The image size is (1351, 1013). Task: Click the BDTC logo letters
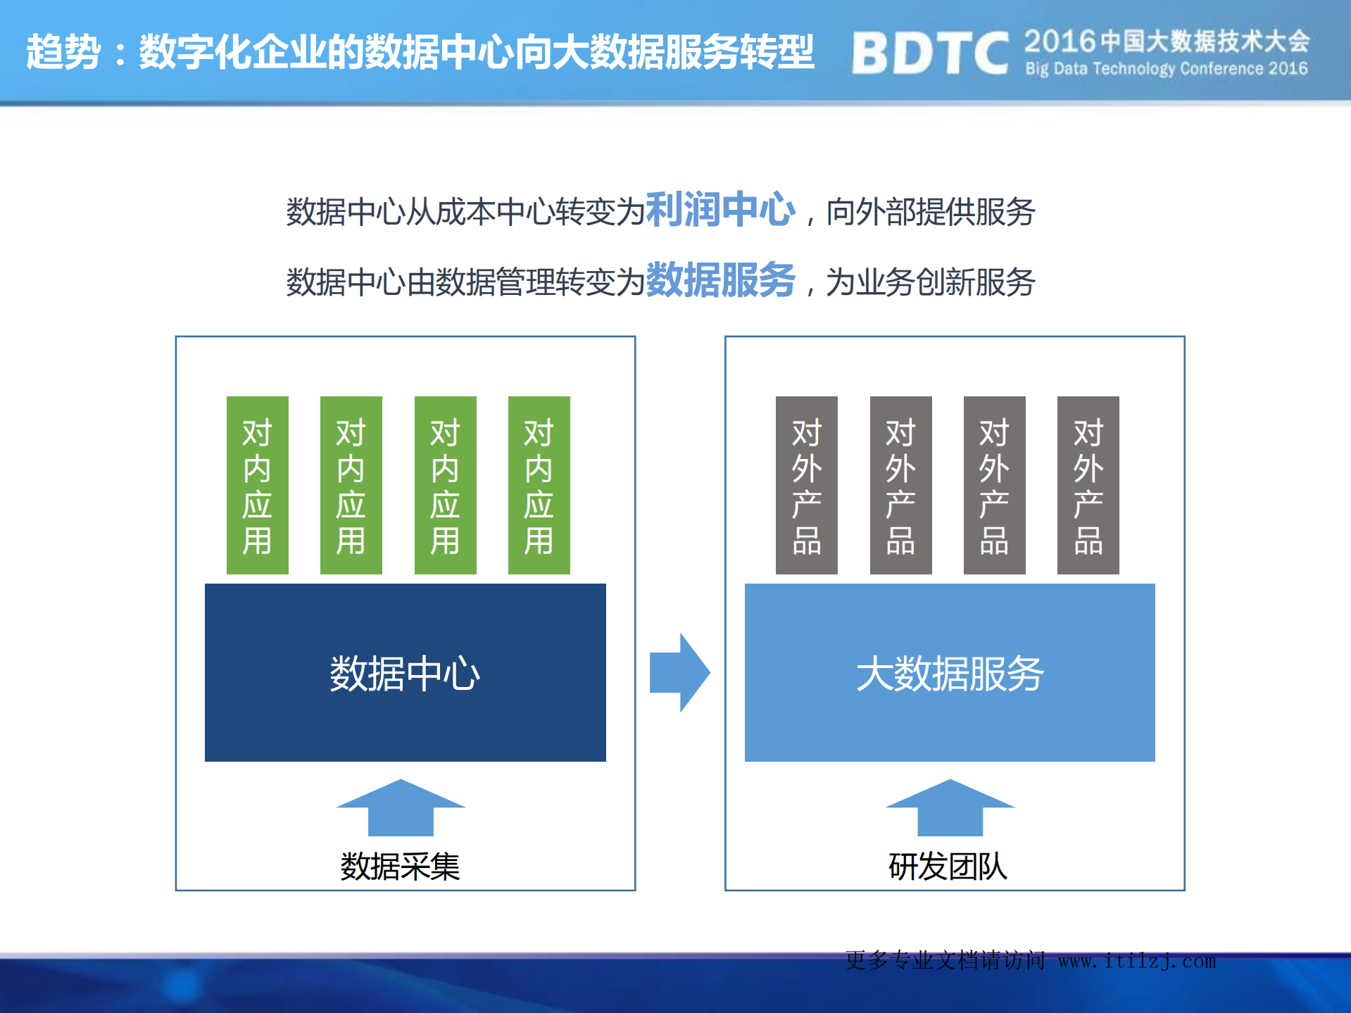click(929, 53)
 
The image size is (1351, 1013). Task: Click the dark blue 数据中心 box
click(405, 672)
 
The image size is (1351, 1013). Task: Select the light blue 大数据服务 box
click(950, 672)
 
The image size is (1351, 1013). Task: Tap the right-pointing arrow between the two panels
click(679, 672)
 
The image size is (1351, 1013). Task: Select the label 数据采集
click(400, 866)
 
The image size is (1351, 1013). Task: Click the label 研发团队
click(948, 866)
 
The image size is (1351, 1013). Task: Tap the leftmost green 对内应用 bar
click(257, 485)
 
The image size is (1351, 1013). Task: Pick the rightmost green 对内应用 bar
click(539, 485)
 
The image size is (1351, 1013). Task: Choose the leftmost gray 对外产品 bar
click(806, 485)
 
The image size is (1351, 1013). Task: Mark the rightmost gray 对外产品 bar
click(1088, 485)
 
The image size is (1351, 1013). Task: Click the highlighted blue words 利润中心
click(720, 210)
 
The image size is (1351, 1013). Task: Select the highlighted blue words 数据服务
click(720, 280)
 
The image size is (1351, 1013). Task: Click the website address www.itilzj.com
click(1137, 961)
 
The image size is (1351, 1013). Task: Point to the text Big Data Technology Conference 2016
click(1167, 69)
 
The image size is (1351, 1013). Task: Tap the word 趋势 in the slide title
click(63, 52)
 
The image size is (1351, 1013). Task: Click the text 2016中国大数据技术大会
click(1167, 41)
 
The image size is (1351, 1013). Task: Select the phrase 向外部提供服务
click(930, 212)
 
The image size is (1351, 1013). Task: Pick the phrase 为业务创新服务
click(930, 282)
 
